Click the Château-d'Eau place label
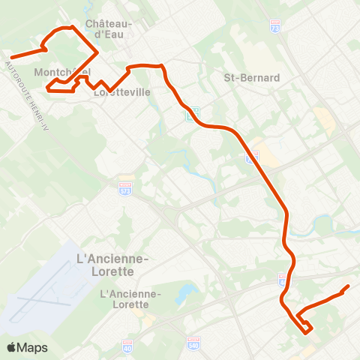tap(109, 28)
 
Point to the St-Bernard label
tap(252, 77)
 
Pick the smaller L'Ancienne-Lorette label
tap(130, 299)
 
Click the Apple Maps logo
tap(27, 347)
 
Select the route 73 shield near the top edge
tap(274, 25)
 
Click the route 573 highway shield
tap(125, 187)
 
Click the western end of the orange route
tap(12, 57)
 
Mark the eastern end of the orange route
tap(349, 286)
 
